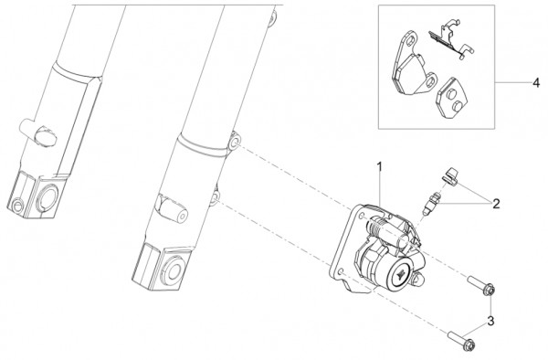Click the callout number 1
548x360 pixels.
click(x=379, y=166)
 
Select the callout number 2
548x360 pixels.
click(x=496, y=204)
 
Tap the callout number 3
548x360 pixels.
click(x=490, y=321)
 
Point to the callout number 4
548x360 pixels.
click(x=536, y=83)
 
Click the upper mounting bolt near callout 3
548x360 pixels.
click(x=481, y=285)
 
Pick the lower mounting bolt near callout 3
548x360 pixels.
click(x=461, y=340)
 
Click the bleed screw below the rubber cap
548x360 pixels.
click(x=431, y=204)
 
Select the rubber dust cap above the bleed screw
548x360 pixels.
click(x=450, y=175)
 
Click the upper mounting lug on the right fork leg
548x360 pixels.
click(x=234, y=142)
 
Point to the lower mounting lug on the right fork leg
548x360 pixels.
click(x=216, y=197)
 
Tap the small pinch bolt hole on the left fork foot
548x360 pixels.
click(x=16, y=206)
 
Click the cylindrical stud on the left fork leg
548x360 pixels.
click(x=37, y=132)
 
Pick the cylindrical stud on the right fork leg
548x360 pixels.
click(x=173, y=208)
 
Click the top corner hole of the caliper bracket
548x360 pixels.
click(x=362, y=215)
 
